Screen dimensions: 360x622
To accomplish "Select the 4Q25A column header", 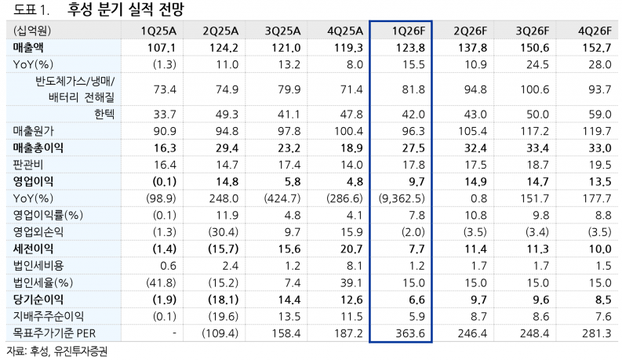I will pos(346,31).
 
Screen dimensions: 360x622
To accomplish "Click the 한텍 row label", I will pos(104,114).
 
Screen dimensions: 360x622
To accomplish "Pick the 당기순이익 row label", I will pos(38,299).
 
